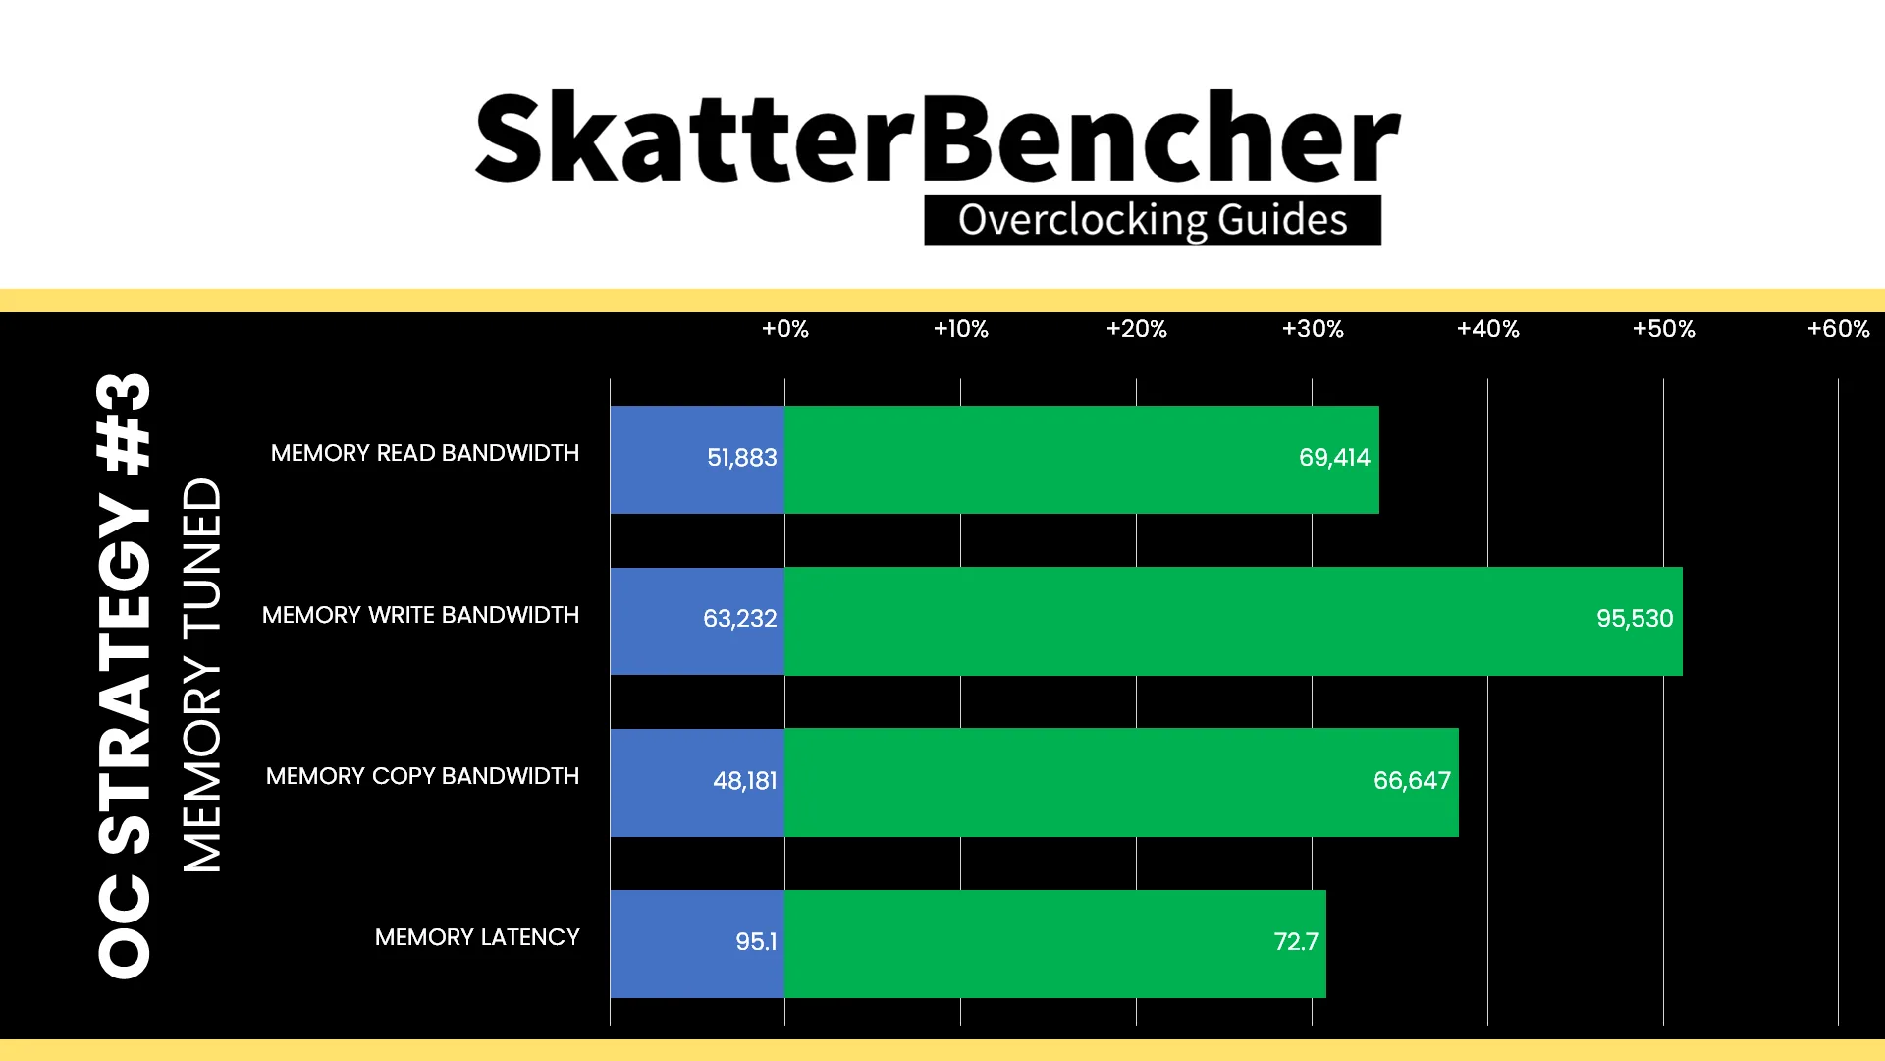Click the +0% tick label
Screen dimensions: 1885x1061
[785, 329]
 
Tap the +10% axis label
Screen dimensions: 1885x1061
[960, 329]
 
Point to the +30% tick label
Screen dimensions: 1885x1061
[1313, 329]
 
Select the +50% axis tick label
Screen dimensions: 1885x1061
[1663, 329]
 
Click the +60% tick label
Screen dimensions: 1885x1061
[1839, 329]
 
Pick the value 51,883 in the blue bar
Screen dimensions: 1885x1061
[742, 458]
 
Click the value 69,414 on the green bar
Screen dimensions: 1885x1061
[1334, 458]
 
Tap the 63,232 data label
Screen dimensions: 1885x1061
[739, 619]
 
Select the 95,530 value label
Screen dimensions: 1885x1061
[1635, 619]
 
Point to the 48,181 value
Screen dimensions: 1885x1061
[744, 781]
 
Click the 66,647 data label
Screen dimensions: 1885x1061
[1412, 781]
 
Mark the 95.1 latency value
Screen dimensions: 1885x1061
[756, 942]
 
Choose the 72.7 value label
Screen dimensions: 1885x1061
[1296, 942]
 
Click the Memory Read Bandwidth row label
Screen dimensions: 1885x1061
[425, 453]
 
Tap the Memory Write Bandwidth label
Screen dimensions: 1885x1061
[420, 615]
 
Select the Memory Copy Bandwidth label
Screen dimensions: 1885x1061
[422, 776]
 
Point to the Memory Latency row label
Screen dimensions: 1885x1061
[477, 937]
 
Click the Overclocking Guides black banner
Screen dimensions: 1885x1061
[1153, 220]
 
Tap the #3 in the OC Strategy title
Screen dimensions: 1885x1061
[124, 423]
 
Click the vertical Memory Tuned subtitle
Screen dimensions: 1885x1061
[202, 675]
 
